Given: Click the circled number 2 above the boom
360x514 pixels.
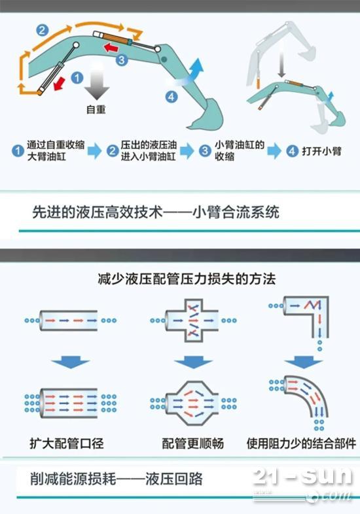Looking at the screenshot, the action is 42,30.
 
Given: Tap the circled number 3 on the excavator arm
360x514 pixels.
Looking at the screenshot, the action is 122,60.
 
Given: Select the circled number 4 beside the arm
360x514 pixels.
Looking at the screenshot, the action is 171,96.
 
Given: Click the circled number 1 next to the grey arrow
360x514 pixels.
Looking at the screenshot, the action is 77,78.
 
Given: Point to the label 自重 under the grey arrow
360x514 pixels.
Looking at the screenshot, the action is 96,109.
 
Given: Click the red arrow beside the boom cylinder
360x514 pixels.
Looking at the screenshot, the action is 60,83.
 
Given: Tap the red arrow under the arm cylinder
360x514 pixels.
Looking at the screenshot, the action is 111,48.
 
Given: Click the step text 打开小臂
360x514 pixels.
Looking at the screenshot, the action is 321,151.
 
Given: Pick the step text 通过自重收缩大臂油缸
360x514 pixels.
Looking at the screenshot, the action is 56,150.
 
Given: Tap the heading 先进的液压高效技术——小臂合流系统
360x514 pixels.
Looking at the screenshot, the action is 156,212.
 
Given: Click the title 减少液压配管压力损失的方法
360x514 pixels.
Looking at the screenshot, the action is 187,279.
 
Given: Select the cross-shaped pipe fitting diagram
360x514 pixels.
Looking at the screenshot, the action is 192,320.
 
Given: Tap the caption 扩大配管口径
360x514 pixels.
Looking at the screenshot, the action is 67,443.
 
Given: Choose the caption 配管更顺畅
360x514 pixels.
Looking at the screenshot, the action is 193,443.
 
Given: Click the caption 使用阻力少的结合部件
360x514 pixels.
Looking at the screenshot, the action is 301,443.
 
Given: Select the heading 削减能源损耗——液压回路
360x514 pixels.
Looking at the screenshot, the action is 117,479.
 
